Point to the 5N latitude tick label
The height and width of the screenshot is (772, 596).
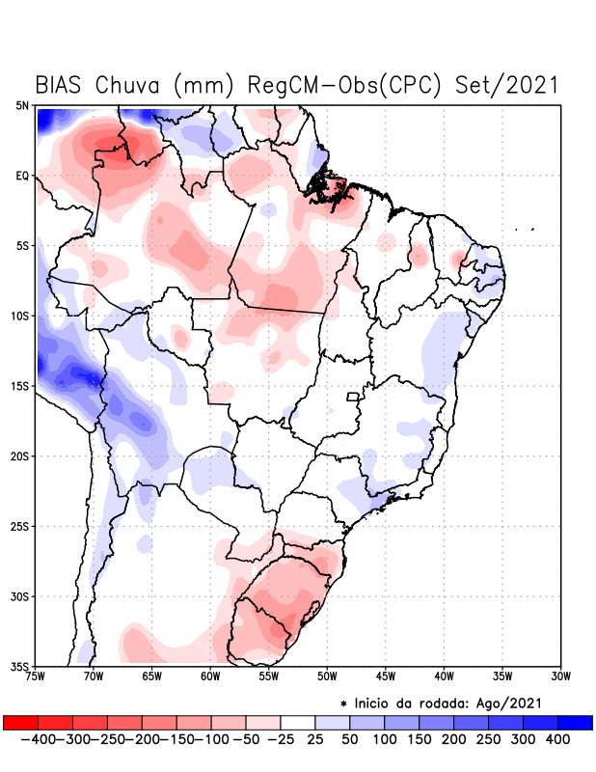[x=22, y=105]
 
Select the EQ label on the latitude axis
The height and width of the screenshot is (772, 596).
[x=22, y=176]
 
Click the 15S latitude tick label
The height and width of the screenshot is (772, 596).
[x=20, y=386]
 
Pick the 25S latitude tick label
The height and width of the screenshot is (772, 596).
[x=20, y=526]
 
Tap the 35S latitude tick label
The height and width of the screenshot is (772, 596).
[x=20, y=666]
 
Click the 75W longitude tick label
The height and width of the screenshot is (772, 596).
[x=37, y=676]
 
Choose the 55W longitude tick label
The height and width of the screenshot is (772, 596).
[x=269, y=676]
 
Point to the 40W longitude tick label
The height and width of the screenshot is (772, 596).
[x=445, y=676]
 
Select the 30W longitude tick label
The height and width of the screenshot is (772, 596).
[x=561, y=676]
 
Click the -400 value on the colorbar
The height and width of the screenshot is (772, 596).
[x=37, y=739]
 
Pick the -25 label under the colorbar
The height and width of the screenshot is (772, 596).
[x=281, y=739]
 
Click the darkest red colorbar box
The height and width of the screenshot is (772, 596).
[x=20, y=722]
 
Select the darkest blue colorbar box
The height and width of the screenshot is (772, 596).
[x=575, y=722]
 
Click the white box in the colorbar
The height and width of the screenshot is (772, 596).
[x=298, y=722]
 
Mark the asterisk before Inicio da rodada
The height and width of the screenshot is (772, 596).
[x=343, y=703]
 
